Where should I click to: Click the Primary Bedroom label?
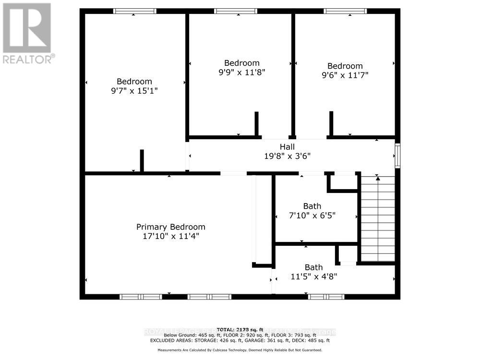tap(170, 227)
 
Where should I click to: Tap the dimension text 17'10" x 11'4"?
tap(170, 236)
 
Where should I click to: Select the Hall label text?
tap(287, 147)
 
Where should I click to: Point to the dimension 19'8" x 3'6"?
tap(287, 156)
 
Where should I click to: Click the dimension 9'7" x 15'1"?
tap(134, 90)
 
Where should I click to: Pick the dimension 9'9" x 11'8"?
tap(241, 72)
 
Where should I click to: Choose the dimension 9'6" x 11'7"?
tap(345, 75)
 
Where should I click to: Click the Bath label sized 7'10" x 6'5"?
tap(312, 206)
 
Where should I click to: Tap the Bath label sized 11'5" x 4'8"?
tap(313, 267)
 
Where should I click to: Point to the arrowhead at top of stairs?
tap(378, 179)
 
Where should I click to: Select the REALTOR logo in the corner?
tap(27, 33)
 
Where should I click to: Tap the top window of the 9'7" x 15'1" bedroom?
tap(134, 11)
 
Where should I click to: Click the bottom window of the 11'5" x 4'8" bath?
tap(326, 297)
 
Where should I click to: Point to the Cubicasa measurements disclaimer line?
tap(240, 350)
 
